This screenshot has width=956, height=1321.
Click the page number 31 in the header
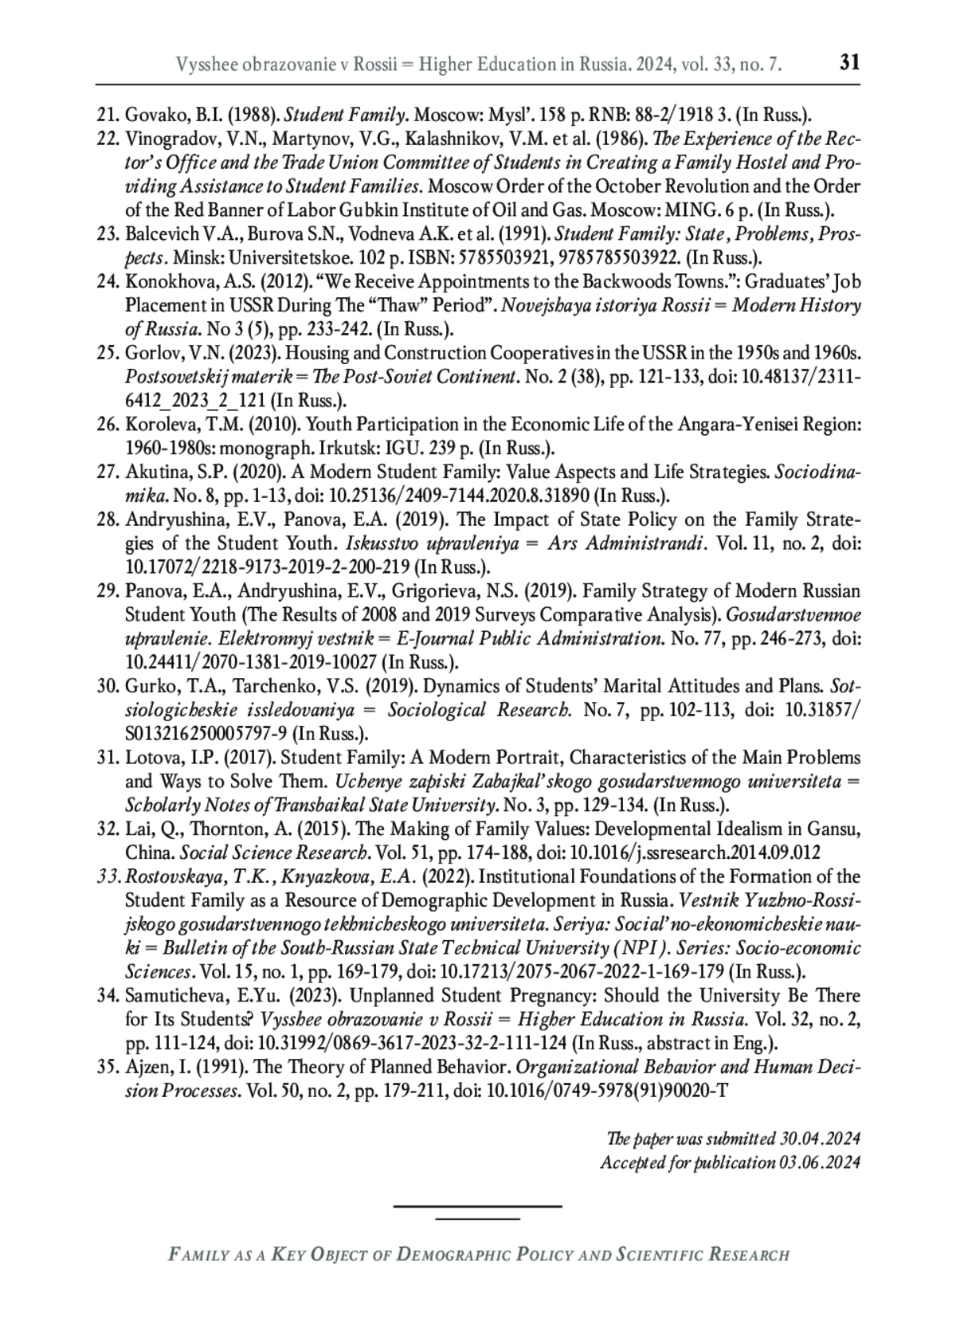(x=850, y=63)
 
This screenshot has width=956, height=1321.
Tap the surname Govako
(x=151, y=115)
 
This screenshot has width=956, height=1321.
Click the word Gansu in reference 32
(x=836, y=829)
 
